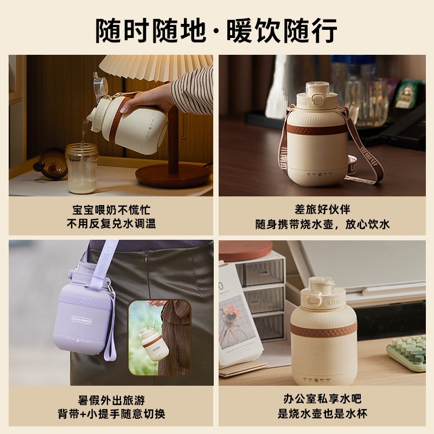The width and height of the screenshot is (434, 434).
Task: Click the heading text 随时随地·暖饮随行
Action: pyautogui.click(x=217, y=29)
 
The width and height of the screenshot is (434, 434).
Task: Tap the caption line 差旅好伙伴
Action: pyautogui.click(x=323, y=210)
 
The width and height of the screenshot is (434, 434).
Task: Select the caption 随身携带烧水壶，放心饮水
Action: pyautogui.click(x=323, y=224)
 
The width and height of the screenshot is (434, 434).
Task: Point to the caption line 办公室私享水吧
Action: pyautogui.click(x=323, y=400)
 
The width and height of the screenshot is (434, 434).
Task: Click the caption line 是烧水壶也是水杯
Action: pyautogui.click(x=323, y=414)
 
